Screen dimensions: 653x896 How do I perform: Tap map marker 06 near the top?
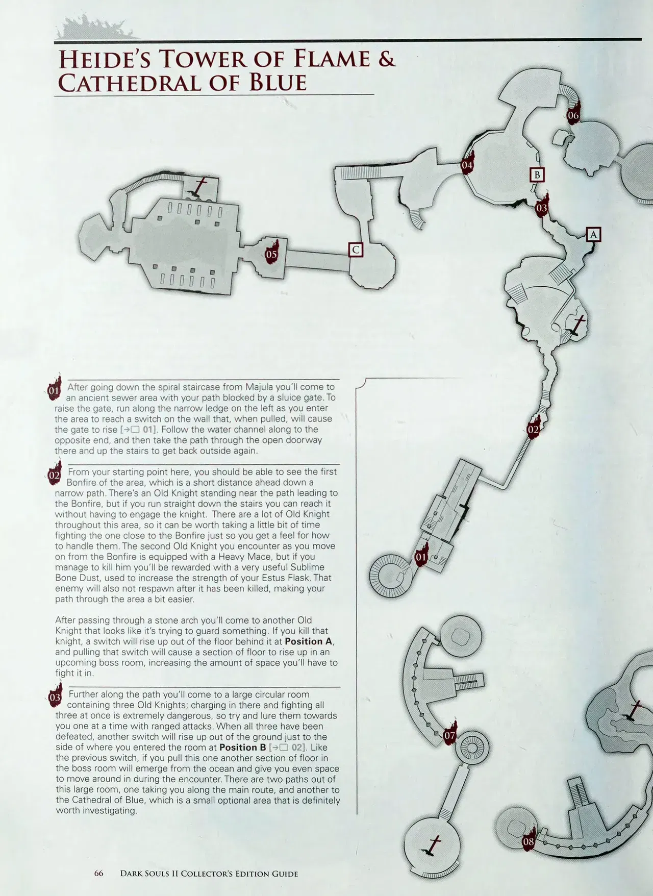click(x=573, y=113)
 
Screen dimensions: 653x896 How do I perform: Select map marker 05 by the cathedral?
click(x=272, y=252)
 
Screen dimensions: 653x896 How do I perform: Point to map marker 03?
click(x=541, y=206)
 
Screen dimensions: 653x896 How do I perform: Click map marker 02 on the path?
click(x=534, y=428)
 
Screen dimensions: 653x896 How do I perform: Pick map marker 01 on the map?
click(x=421, y=556)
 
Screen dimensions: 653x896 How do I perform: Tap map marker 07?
click(x=449, y=734)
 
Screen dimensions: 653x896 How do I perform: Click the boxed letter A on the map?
click(x=593, y=234)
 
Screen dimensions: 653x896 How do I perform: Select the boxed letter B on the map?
click(x=537, y=175)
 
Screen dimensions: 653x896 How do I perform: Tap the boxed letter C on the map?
click(x=356, y=250)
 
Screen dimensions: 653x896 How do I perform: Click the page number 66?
click(x=99, y=873)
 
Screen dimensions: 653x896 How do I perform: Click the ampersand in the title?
click(x=386, y=59)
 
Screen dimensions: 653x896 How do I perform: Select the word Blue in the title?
click(x=278, y=83)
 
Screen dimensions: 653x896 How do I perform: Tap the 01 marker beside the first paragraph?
click(x=54, y=389)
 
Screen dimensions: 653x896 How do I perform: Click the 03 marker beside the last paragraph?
click(x=55, y=695)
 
